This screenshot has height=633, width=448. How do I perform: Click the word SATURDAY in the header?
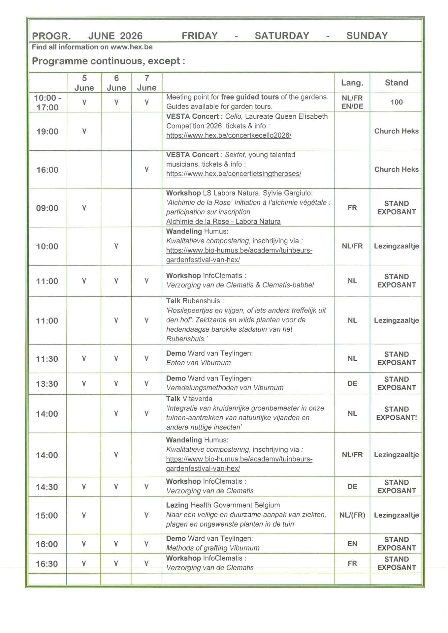282,36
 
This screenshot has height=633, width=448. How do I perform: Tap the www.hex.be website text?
131,47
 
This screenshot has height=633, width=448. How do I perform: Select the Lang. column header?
352,82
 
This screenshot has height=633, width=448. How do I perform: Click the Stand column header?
396,82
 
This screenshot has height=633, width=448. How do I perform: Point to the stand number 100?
396,102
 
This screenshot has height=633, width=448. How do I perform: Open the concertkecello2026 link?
229,135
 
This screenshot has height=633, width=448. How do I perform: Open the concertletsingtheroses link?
234,173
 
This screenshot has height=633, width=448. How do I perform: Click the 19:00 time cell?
47,132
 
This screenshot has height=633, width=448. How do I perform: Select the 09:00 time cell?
47,208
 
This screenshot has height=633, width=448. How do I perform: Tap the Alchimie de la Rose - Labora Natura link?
223,222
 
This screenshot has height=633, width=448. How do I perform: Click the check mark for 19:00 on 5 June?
84,131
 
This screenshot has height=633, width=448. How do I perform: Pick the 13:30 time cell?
47,384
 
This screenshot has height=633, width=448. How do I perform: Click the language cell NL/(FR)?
352,515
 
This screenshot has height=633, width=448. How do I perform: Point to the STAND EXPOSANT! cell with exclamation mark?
396,413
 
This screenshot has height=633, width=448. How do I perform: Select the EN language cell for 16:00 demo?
352,544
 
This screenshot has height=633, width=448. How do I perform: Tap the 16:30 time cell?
47,564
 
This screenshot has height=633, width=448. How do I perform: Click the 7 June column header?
146,83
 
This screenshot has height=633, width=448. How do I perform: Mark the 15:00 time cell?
47,516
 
